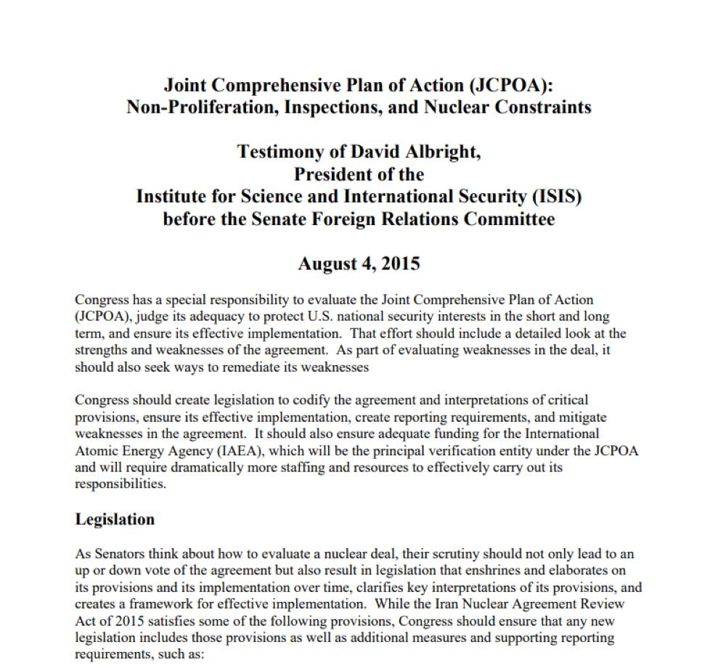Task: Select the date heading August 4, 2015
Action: pos(359,263)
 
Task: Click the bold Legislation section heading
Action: pos(115,520)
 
